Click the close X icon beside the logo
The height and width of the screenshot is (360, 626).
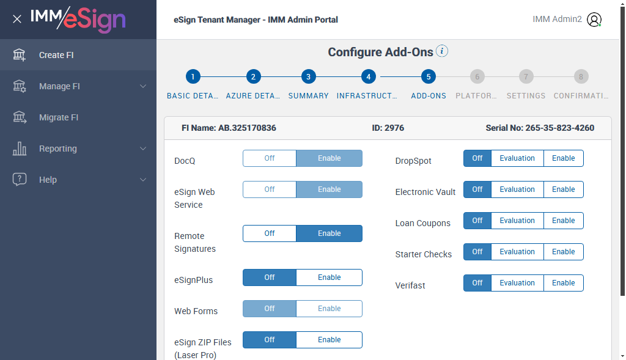click(17, 19)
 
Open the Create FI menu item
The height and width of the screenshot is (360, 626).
click(56, 55)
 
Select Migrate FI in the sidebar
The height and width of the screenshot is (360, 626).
click(59, 117)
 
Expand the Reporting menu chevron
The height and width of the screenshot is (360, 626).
click(143, 149)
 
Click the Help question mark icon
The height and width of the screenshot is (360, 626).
click(19, 179)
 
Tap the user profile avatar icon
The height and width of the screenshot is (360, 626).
click(594, 20)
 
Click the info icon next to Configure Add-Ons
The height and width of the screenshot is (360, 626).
click(442, 51)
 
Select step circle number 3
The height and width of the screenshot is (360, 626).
click(308, 76)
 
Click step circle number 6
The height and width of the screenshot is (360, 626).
click(477, 76)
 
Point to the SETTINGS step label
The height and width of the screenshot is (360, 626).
click(526, 96)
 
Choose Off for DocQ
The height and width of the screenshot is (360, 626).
click(270, 158)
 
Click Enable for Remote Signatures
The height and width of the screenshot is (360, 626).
click(330, 233)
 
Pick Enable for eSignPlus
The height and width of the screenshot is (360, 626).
click(330, 277)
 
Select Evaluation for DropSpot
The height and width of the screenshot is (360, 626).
click(517, 158)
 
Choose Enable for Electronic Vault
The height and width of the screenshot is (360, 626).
click(563, 189)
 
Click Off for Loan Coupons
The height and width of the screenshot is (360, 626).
click(477, 220)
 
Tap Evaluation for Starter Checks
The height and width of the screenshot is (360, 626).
click(517, 251)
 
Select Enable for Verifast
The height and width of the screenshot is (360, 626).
click(563, 282)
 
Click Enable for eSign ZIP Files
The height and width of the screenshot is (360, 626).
click(330, 340)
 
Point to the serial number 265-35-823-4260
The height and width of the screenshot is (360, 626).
click(560, 128)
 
